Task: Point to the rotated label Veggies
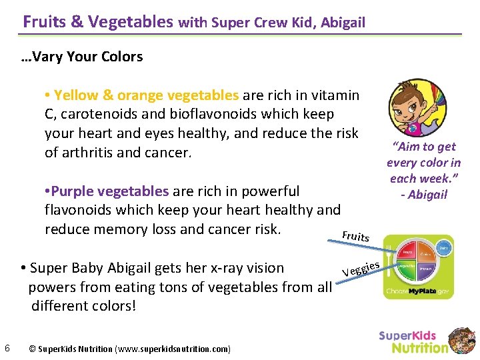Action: pyautogui.click(x=361, y=269)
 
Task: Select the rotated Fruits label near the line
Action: pyautogui.click(x=355, y=236)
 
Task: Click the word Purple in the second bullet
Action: pyautogui.click(x=76, y=191)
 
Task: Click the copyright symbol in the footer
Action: pyautogui.click(x=33, y=349)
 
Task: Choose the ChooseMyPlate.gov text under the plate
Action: pyautogui.click(x=418, y=291)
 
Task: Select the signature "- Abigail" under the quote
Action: pyautogui.click(x=424, y=195)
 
